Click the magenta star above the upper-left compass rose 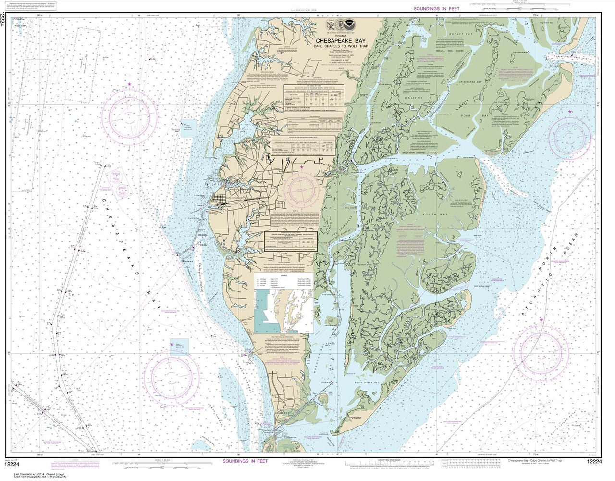click(129, 84)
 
